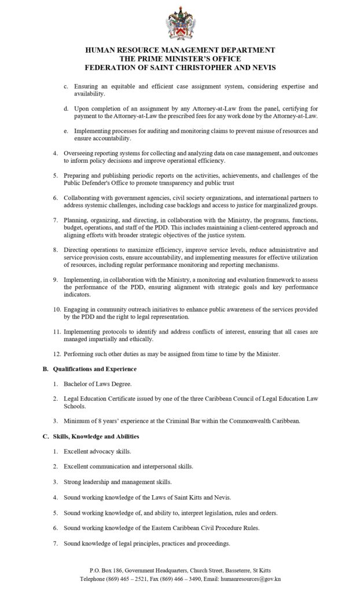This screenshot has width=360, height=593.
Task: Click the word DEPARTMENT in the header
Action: (243, 51)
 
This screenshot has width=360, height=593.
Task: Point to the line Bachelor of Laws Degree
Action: (98, 384)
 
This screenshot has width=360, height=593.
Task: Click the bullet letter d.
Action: (67, 108)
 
